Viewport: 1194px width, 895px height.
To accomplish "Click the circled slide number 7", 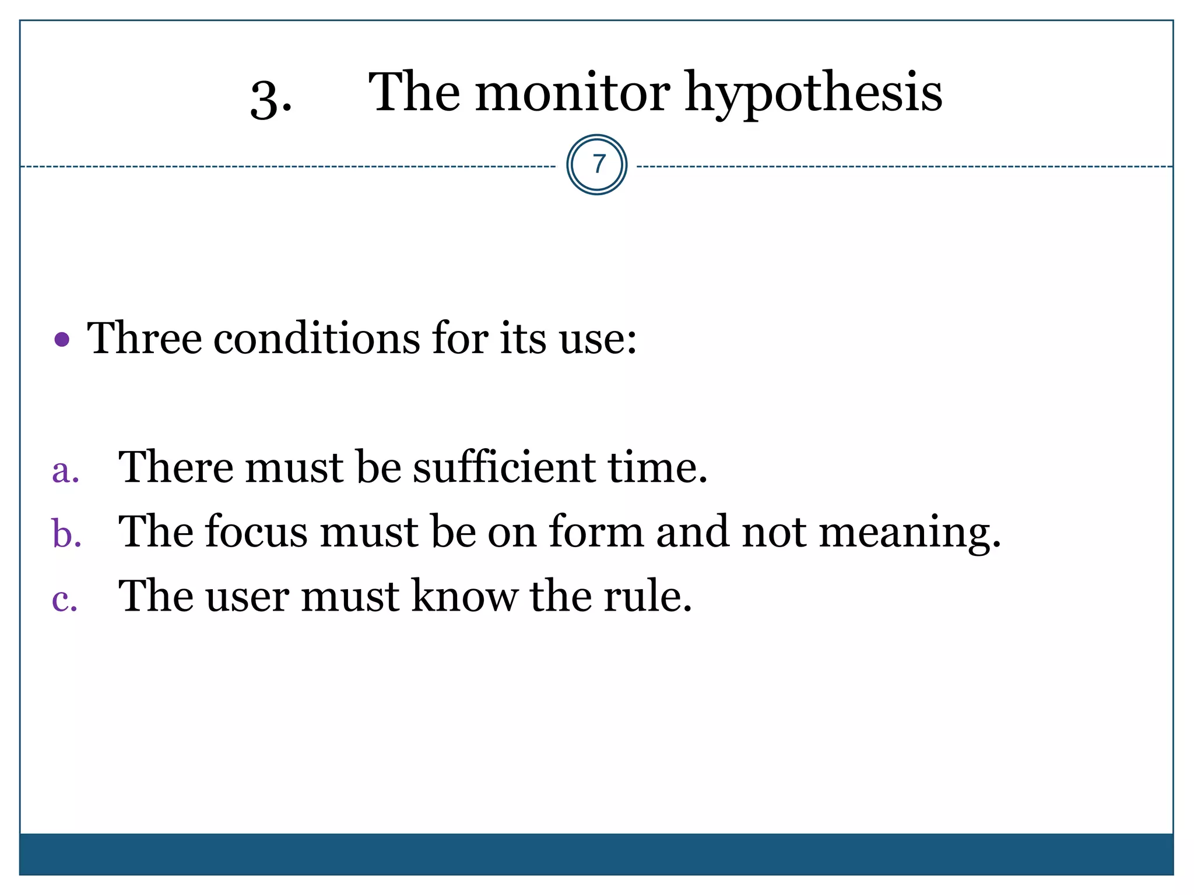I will click(596, 165).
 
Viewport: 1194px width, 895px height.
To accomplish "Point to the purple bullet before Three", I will click(62, 339).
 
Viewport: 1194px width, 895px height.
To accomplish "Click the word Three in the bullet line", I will click(145, 338).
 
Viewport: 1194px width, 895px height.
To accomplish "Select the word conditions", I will click(316, 338).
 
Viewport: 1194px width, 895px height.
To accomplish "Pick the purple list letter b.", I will click(66, 533).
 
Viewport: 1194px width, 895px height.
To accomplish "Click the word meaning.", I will click(909, 533).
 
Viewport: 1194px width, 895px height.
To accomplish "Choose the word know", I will click(465, 596).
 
